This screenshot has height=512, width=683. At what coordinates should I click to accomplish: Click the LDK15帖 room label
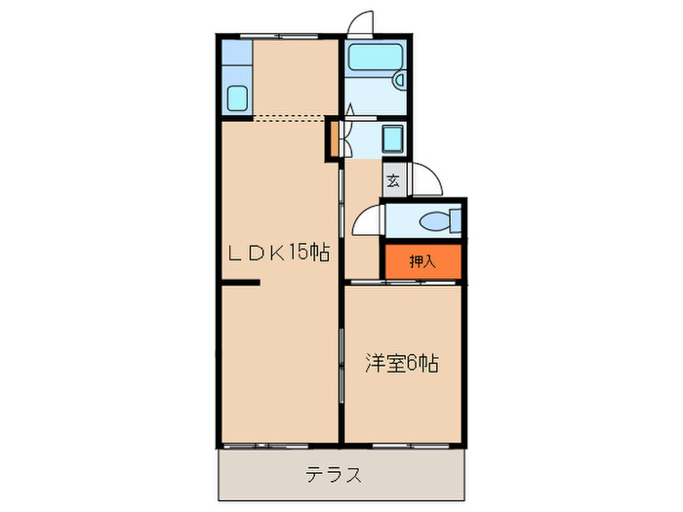[x=278, y=253]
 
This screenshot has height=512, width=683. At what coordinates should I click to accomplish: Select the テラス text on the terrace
[x=335, y=475]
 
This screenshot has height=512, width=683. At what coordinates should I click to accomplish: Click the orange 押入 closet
[x=421, y=260]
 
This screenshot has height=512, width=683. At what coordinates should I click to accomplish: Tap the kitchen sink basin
[x=236, y=98]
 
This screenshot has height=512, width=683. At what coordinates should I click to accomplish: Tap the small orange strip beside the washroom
[x=333, y=138]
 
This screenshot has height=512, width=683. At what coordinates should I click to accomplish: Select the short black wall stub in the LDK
[x=239, y=284]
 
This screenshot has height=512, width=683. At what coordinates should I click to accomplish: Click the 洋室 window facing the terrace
[x=401, y=445]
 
